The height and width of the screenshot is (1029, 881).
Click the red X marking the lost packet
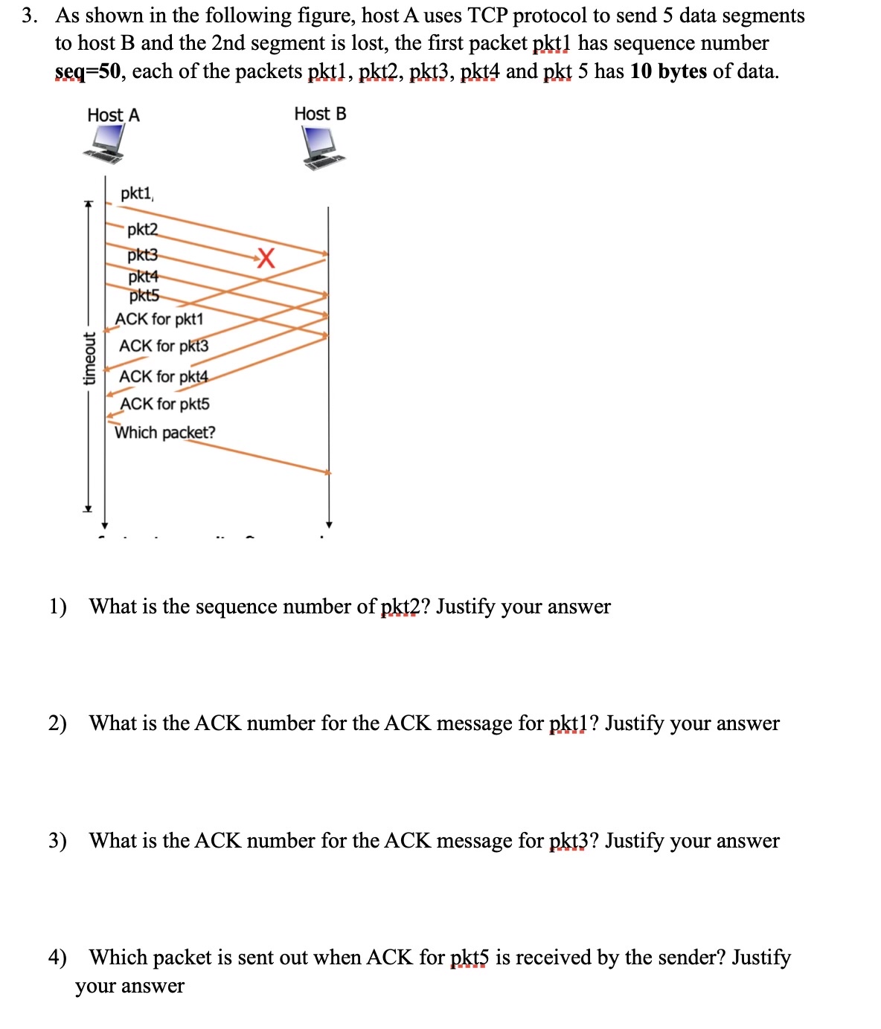(266, 259)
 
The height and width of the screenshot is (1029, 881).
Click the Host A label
(113, 115)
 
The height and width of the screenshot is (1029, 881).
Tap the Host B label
(320, 114)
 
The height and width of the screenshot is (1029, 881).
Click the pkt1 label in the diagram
(136, 193)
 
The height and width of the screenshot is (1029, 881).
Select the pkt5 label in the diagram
(144, 296)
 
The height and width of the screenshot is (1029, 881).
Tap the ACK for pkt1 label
(158, 319)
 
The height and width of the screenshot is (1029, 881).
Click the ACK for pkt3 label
(164, 346)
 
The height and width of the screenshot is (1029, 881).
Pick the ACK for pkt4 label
(164, 376)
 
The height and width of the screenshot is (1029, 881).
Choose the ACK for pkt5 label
(165, 404)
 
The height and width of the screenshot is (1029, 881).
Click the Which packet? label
(165, 432)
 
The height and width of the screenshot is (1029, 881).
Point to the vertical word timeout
(89, 358)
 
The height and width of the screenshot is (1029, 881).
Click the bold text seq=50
(88, 72)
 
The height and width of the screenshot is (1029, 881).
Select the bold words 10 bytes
(667, 72)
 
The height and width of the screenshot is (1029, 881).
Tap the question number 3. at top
(30, 16)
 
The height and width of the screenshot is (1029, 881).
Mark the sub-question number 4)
(57, 958)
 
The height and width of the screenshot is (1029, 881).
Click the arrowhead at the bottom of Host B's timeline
(329, 523)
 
